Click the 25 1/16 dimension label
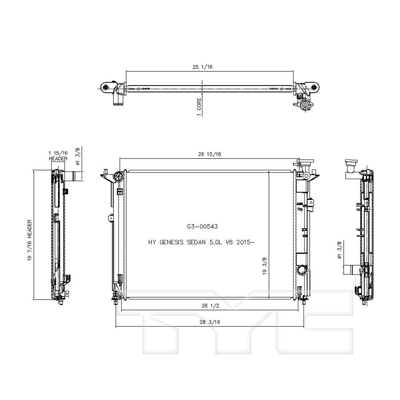(x=202, y=67)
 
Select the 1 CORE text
(x=199, y=107)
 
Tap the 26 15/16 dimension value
(x=209, y=154)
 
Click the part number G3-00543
(x=202, y=226)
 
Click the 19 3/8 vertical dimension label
(x=264, y=266)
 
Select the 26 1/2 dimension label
(x=210, y=306)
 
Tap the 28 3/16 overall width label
(x=210, y=322)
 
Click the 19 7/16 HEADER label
(x=29, y=240)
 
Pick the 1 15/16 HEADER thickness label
(x=58, y=155)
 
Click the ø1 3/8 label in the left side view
(x=78, y=157)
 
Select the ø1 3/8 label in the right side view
(x=339, y=250)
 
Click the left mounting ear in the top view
(x=106, y=87)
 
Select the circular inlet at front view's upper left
(x=118, y=176)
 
